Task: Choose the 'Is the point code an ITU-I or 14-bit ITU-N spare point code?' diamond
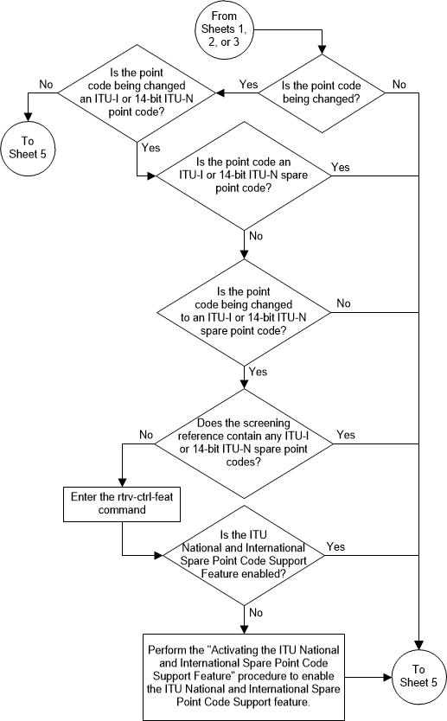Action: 244,175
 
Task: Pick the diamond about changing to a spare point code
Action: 244,312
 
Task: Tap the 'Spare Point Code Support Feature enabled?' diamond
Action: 244,552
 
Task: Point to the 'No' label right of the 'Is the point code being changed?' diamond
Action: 399,84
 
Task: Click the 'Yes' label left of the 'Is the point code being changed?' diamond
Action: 248,84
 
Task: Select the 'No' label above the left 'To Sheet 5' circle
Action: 46,84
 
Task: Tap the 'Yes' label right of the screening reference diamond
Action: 344,434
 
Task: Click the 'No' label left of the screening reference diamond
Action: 145,434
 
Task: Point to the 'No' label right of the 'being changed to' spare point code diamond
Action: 343,303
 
